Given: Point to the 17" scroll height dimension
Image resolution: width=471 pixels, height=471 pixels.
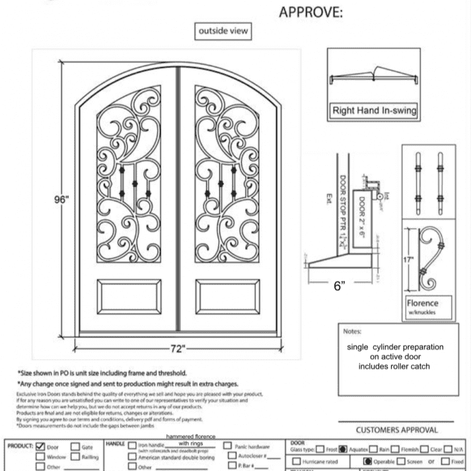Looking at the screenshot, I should coord(409,260).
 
